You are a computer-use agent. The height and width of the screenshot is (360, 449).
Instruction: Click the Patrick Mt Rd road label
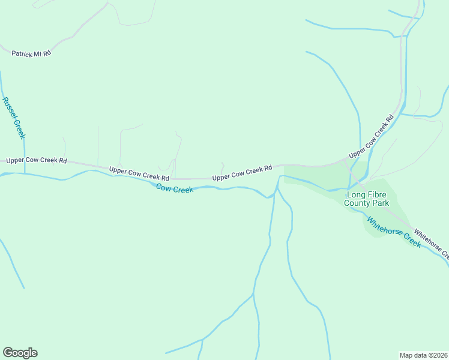pyautogui.click(x=31, y=53)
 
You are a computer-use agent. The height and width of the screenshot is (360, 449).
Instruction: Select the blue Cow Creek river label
pyautogui.click(x=175, y=188)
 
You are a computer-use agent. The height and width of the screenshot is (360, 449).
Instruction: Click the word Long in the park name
pyautogui.click(x=357, y=194)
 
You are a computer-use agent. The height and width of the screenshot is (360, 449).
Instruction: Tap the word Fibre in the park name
pyautogui.click(x=378, y=194)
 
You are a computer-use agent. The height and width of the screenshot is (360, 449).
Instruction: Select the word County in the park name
pyautogui.click(x=357, y=203)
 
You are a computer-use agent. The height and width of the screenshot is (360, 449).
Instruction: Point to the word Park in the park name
pyautogui.click(x=381, y=203)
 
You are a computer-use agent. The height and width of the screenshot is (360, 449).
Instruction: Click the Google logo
pyautogui.click(x=20, y=353)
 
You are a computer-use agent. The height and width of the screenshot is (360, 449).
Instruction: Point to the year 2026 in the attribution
pyautogui.click(x=438, y=355)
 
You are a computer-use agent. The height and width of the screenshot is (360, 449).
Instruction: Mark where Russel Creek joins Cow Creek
pyautogui.click(x=25, y=173)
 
